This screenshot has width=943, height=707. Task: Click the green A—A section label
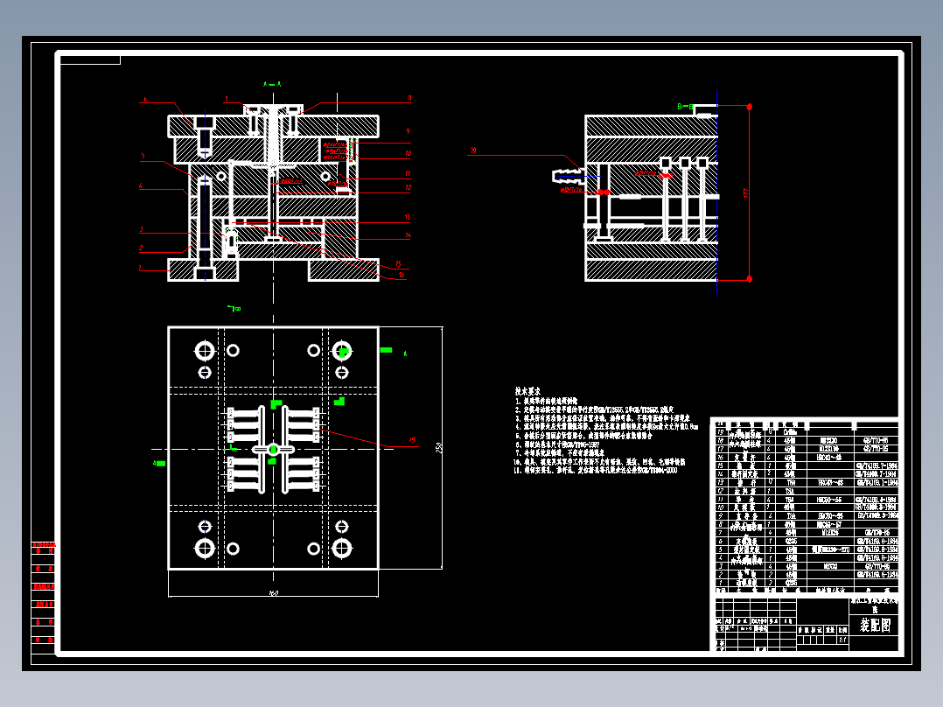coord(271,84)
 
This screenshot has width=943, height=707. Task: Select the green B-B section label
coord(686,107)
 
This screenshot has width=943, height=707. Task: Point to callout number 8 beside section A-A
coord(409,98)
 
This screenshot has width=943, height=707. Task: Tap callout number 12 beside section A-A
coord(408,187)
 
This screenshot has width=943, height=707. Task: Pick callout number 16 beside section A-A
coord(402,276)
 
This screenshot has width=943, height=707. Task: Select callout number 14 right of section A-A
coord(408,235)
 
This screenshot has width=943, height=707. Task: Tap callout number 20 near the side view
coord(473,150)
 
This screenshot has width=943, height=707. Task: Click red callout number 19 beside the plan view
coord(411,439)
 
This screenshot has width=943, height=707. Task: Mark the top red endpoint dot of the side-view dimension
coord(750,107)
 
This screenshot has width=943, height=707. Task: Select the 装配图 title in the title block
coord(874,626)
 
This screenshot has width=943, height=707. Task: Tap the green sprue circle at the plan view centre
coord(273,449)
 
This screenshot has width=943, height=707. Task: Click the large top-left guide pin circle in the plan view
coord(205,351)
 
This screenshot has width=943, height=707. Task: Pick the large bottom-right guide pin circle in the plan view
coord(341,548)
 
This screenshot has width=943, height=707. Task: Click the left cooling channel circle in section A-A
coord(221,177)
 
